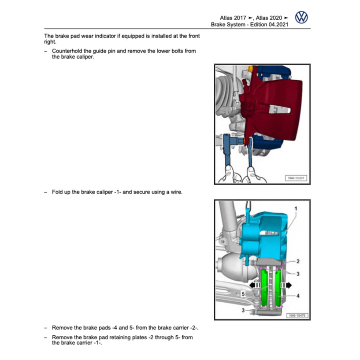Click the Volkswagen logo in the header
pyautogui.click(x=301, y=18)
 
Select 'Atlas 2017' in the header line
pyautogui.click(x=233, y=18)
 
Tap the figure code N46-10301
pyautogui.click(x=296, y=178)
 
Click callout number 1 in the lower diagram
pyautogui.click(x=296, y=208)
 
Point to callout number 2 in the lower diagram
pyautogui.click(x=298, y=261)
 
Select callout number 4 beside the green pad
pyautogui.click(x=298, y=296)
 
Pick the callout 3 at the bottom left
pyautogui.click(x=244, y=311)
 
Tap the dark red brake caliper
pyautogui.click(x=273, y=106)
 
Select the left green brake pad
pyautogui.click(x=264, y=289)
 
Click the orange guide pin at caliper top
pyautogui.click(x=250, y=69)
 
